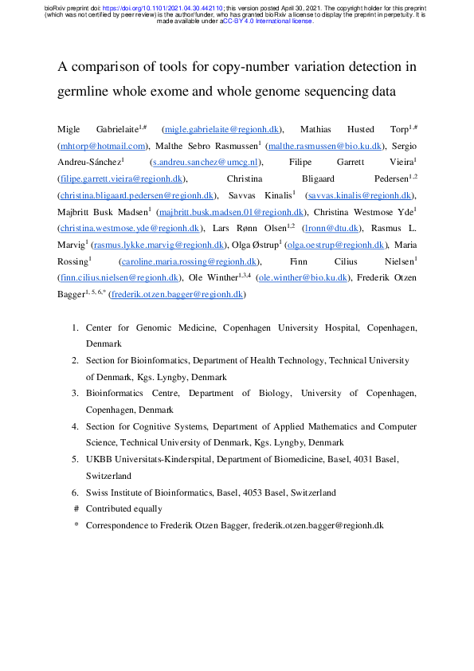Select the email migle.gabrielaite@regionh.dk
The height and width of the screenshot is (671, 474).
pos(221,128)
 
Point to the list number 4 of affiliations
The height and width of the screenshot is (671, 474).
pos(75,426)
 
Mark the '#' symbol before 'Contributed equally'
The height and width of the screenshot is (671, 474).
pos(76,508)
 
